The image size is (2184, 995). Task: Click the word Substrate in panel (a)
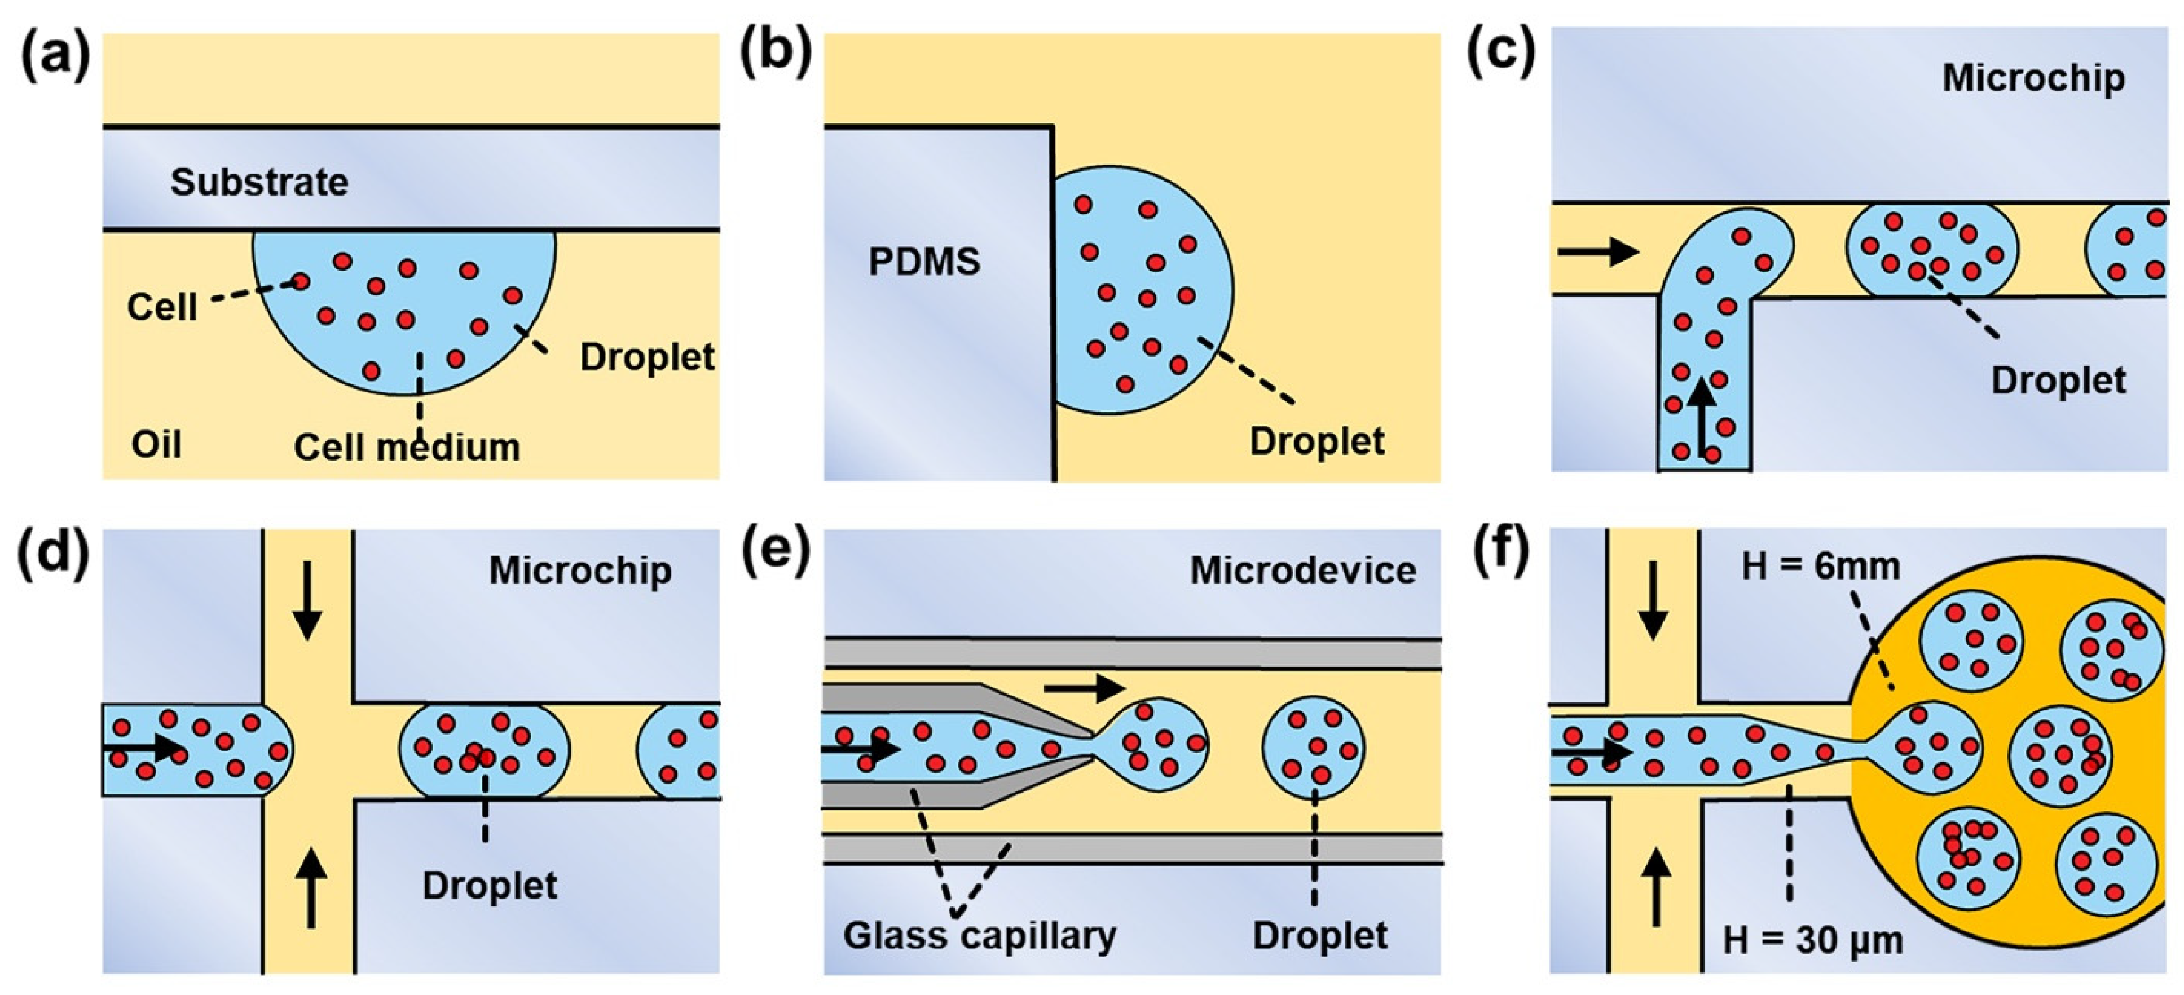coord(259,182)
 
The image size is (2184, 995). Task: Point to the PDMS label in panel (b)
coord(924,262)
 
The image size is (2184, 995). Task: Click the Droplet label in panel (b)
coord(1316,441)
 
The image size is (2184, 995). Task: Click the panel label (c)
coord(1500,52)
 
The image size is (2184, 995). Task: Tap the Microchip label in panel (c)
coord(2033,78)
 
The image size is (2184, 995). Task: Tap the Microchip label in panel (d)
coord(580,571)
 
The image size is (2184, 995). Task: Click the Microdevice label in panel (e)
coord(1302,571)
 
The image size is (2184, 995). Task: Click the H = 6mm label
coord(1820,566)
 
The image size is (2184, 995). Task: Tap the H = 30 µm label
coord(1813,940)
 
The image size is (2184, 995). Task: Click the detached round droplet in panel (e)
coord(1313,748)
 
